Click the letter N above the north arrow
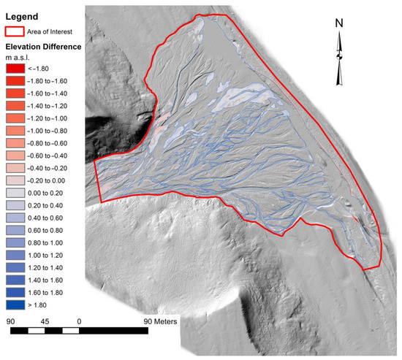339,23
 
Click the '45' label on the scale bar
45,321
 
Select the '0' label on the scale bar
78,321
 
